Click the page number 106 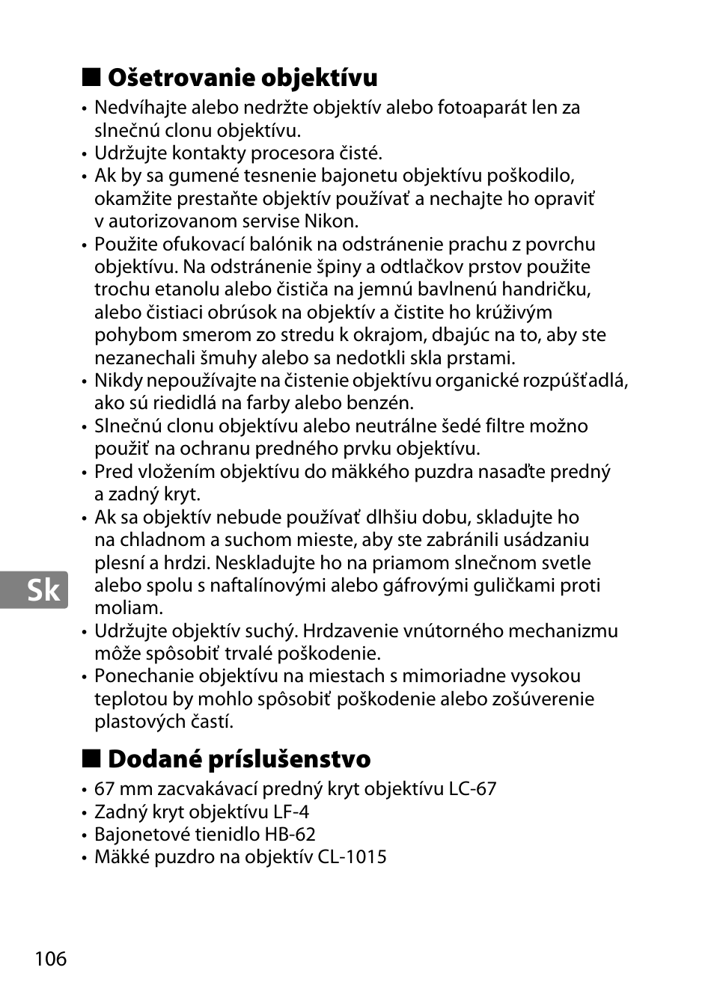click(50, 958)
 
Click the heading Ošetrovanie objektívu click(242, 78)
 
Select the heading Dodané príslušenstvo click(239, 759)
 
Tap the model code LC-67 click(472, 789)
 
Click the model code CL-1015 click(352, 857)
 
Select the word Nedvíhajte click(138, 108)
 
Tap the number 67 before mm click(106, 789)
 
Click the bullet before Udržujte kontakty click(85, 154)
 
